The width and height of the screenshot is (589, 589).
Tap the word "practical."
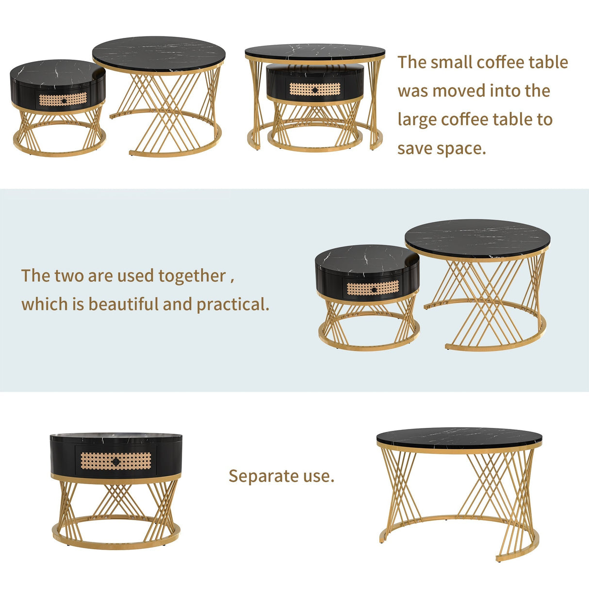[x=233, y=304]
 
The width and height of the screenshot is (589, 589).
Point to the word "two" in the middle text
[x=68, y=276]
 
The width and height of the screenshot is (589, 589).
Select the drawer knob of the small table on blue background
[x=374, y=289]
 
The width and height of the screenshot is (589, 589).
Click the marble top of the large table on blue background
[x=477, y=238]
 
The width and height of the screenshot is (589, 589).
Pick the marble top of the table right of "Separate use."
[x=459, y=438]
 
